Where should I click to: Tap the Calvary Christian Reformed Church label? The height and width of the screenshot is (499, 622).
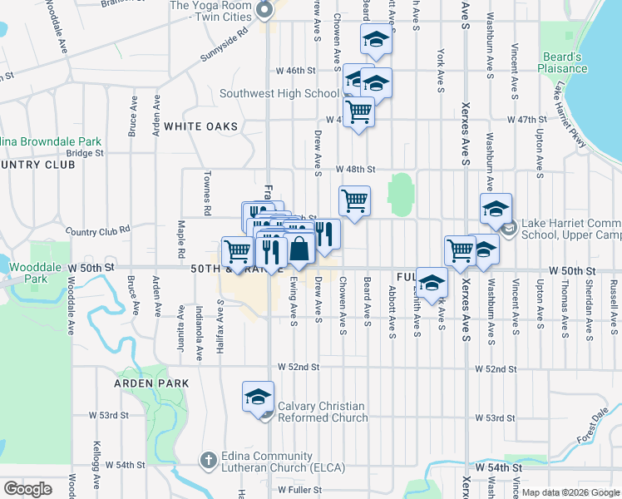click(x=322, y=413)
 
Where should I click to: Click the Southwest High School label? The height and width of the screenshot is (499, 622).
click(x=279, y=94)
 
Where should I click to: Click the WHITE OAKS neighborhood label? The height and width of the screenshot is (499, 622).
click(x=200, y=126)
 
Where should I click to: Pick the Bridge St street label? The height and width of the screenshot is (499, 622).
click(x=85, y=153)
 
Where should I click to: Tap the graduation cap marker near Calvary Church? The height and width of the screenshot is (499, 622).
click(x=258, y=396)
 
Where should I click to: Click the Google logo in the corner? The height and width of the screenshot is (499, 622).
click(x=27, y=489)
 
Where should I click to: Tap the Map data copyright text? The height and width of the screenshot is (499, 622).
click(x=571, y=492)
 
